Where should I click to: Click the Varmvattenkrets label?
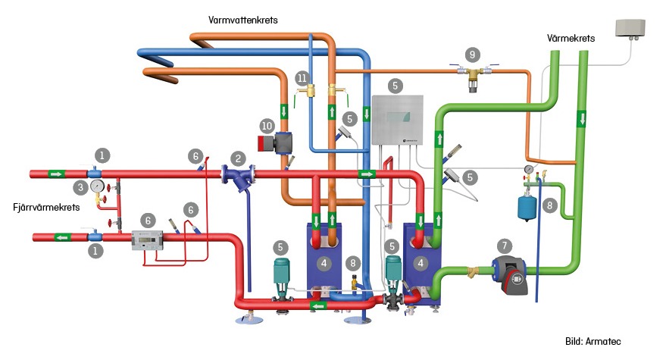pos(242,20)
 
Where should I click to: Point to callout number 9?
pos(473,55)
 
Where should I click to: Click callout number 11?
pos(302,78)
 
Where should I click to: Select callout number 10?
pos(266,124)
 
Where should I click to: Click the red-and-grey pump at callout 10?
pos(278,143)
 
